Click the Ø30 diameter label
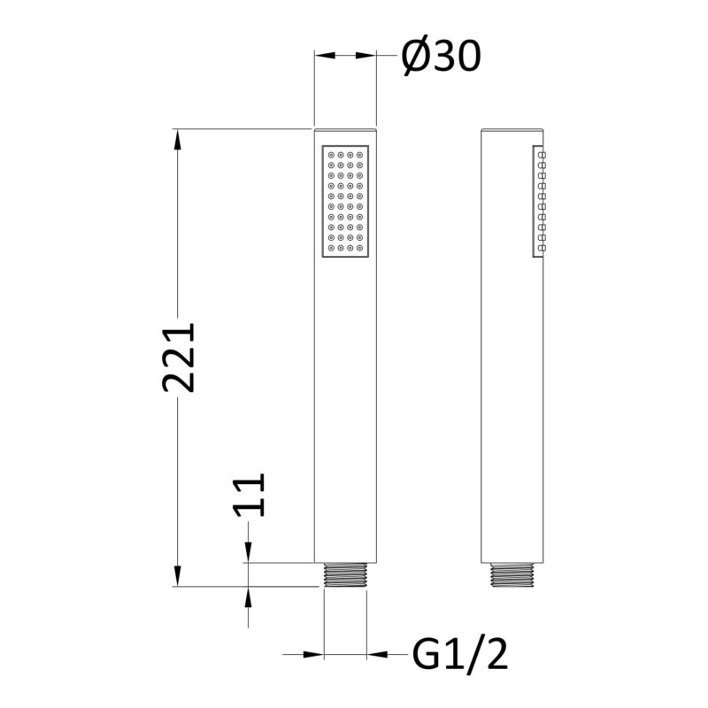coord(441,57)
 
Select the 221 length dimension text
coord(179,358)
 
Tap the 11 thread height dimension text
coord(248,495)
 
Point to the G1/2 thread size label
coord(460,655)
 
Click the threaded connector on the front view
coord(345,574)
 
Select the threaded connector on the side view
coord(512,575)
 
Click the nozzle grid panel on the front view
coord(345,202)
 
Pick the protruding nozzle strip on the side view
coord(539,202)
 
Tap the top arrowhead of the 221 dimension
coord(178,139)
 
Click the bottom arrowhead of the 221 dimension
coord(178,577)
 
